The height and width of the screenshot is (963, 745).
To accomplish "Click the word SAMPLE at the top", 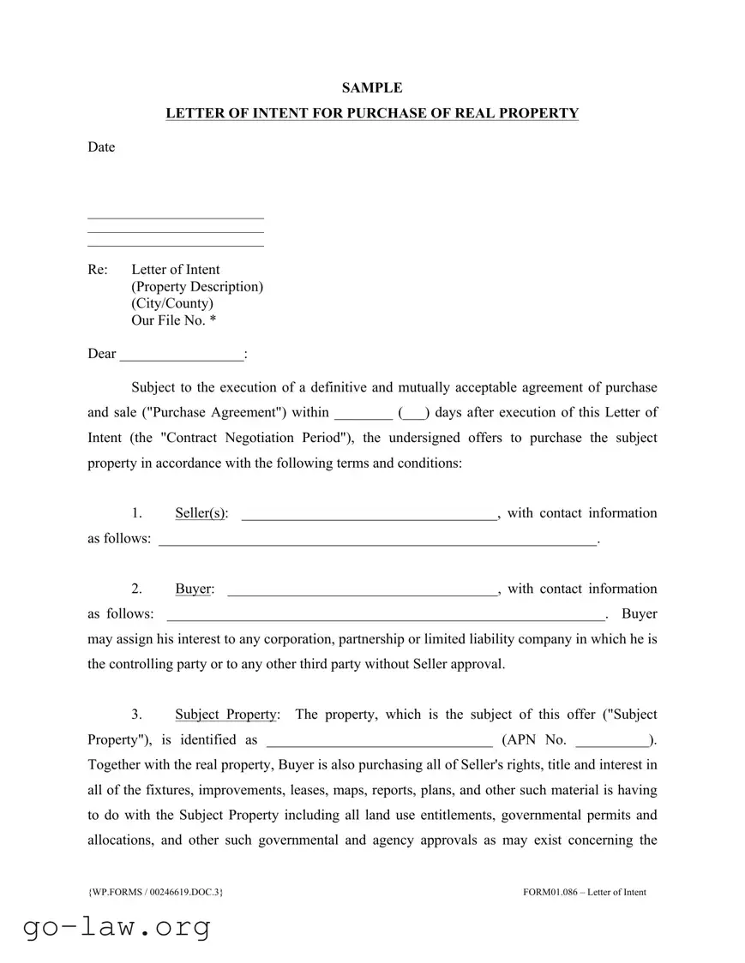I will point(372,87).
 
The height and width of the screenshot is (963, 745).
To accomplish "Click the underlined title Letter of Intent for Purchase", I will point(372,113).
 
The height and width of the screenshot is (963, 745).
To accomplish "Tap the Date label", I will point(101,147).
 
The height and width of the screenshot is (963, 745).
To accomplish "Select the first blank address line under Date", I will point(176,218).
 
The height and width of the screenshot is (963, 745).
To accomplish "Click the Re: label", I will point(98,269).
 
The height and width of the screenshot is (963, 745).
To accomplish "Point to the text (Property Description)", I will point(197,286).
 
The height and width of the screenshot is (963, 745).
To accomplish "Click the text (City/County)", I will point(172,303).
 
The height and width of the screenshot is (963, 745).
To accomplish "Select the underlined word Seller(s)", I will point(201,513).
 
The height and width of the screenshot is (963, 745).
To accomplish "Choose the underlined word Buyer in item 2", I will point(194,589).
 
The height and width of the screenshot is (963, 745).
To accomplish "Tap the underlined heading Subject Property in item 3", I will point(226,715).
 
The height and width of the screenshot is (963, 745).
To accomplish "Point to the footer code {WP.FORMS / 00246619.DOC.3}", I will point(155,892).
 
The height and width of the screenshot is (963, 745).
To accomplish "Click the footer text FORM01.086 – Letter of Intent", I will point(584,892).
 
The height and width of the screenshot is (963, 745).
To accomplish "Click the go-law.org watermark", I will point(115,927).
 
